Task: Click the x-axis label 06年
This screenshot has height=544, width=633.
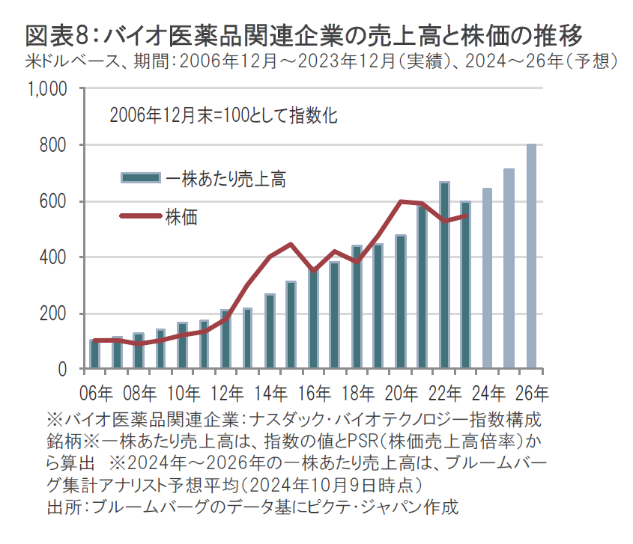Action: click(94, 391)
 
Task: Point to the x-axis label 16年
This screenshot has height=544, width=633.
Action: click(312, 391)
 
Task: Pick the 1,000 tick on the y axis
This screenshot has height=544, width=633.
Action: click(49, 89)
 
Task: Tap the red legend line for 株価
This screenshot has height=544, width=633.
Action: click(141, 216)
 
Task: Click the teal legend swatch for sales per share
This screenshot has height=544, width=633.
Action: click(141, 178)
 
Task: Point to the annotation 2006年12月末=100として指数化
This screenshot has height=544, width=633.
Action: click(223, 116)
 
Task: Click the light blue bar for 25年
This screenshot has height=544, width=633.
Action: click(509, 269)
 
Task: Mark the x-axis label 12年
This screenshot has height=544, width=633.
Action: click(225, 391)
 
